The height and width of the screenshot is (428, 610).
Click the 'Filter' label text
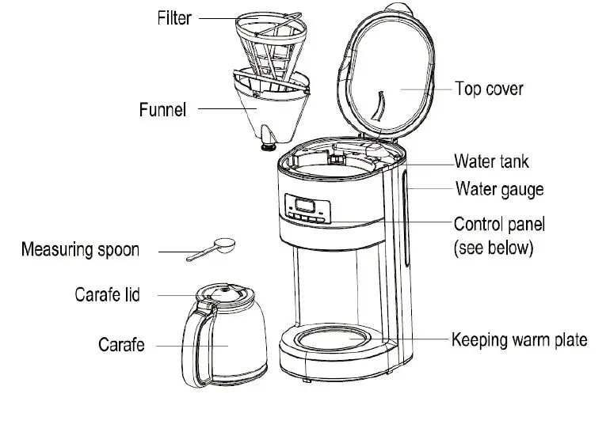pos(173,17)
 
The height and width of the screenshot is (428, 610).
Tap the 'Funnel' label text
pos(162,109)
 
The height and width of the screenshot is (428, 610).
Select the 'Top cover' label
pos(489,88)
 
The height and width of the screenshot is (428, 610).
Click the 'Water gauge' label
pos(499,190)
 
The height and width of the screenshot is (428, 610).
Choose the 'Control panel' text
pos(499,224)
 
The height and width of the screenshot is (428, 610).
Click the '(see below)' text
pos(494,248)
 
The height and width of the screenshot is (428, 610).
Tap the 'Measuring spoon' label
pos(80,250)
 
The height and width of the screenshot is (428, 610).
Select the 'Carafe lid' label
pos(107,295)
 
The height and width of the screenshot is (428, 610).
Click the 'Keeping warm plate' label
pos(519,340)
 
